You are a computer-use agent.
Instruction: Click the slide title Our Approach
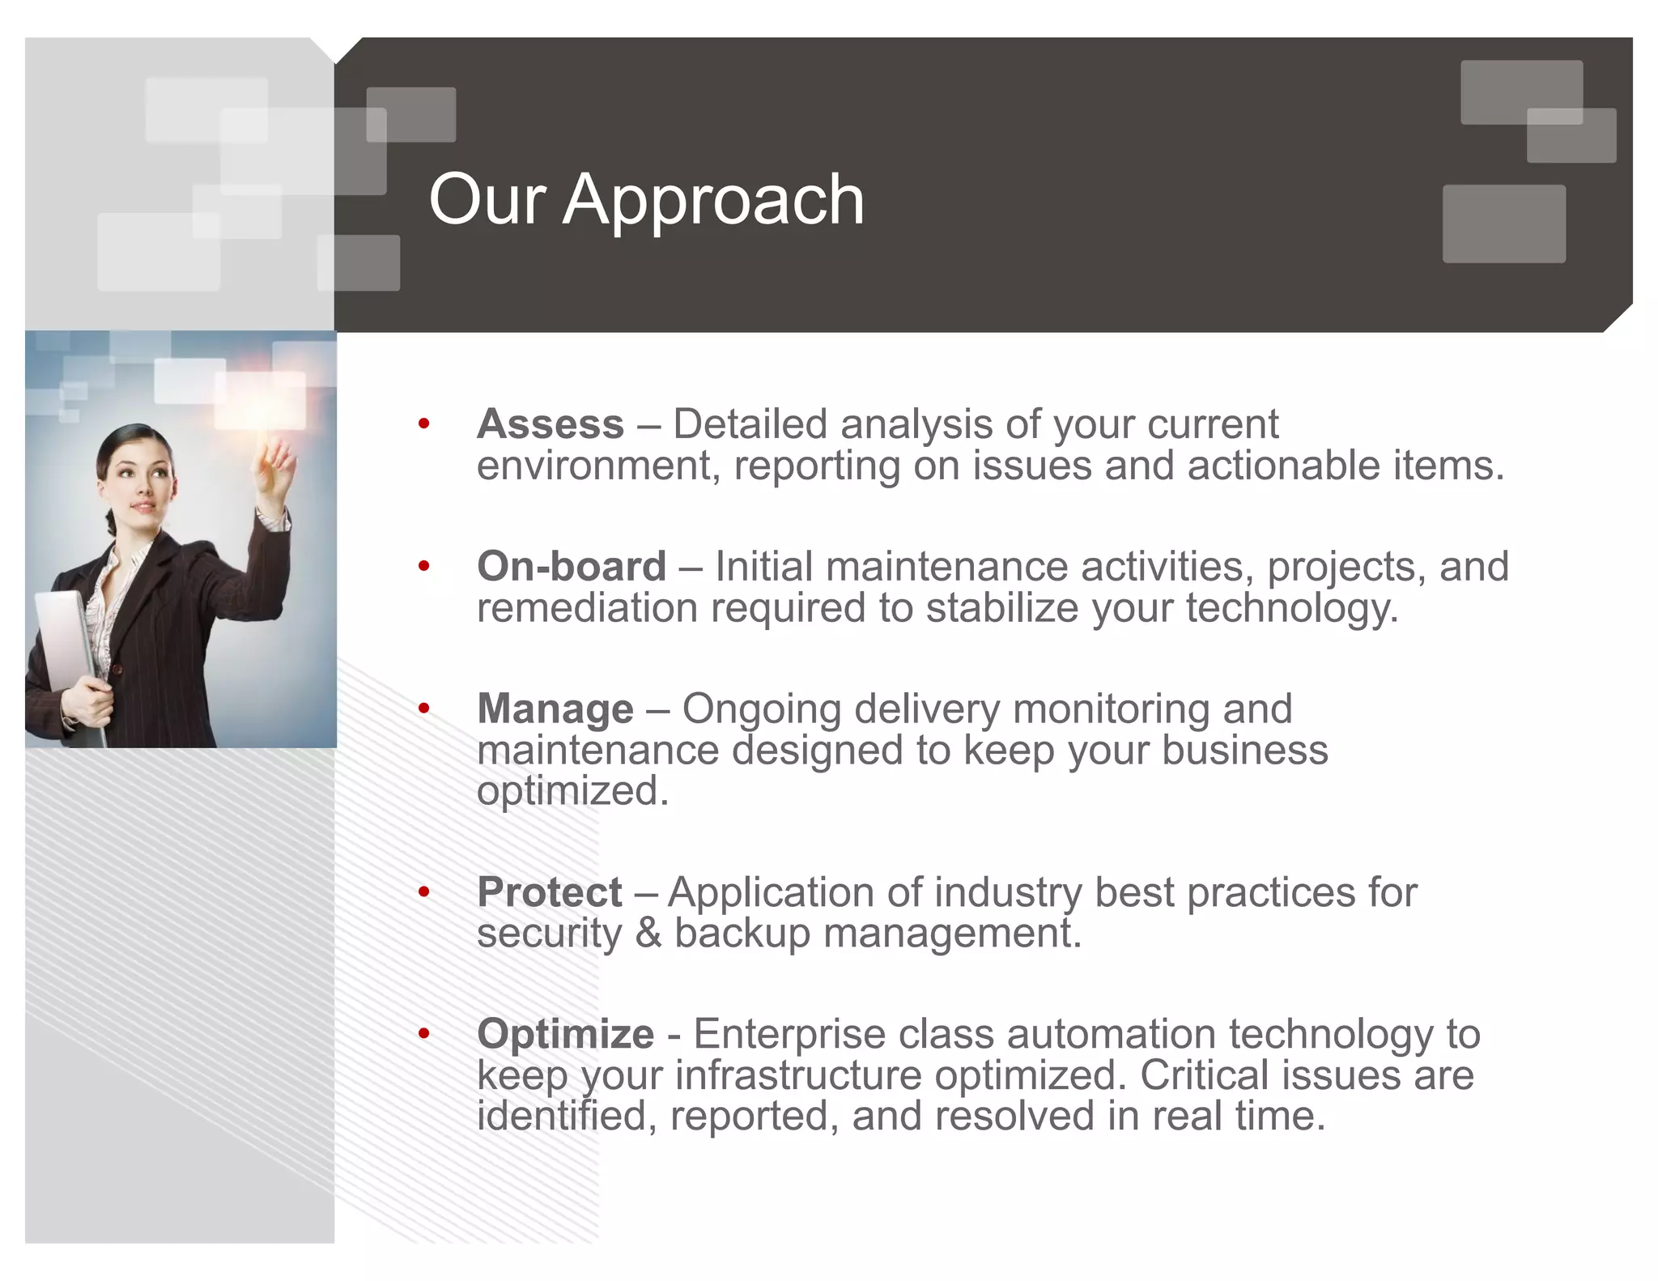pos(646,200)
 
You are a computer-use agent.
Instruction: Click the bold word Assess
pos(551,424)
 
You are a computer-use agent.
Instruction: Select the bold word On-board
pos(572,566)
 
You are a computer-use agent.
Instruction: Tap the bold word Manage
pos(555,709)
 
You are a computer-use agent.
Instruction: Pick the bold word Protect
pos(550,892)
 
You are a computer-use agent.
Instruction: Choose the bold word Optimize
pos(565,1034)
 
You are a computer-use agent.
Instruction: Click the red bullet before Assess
pos(423,423)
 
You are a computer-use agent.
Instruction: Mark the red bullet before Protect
pos(423,892)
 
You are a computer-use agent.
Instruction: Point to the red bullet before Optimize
pos(423,1033)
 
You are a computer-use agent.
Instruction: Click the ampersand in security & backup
pos(648,933)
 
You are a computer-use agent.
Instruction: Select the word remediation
pos(587,608)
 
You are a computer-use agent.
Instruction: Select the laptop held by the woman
pos(65,648)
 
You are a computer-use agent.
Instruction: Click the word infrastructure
pos(797,1075)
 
